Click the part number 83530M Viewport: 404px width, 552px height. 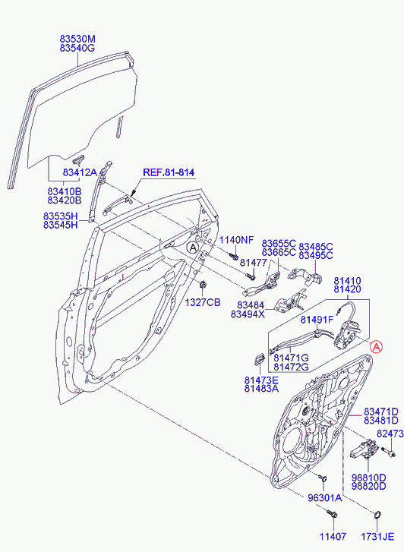tap(77, 39)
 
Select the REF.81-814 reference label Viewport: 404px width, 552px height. tap(169, 172)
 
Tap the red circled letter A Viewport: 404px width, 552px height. tap(376, 347)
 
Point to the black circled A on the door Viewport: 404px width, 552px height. tap(193, 248)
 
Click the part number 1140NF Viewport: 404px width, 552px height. tap(236, 241)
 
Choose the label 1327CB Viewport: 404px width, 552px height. tap(203, 302)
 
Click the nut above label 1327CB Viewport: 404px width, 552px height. tap(203, 284)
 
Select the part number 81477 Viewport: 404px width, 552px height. tap(253, 263)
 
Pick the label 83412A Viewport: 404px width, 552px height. tap(80, 172)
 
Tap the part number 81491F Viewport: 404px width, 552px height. tap(317, 320)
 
